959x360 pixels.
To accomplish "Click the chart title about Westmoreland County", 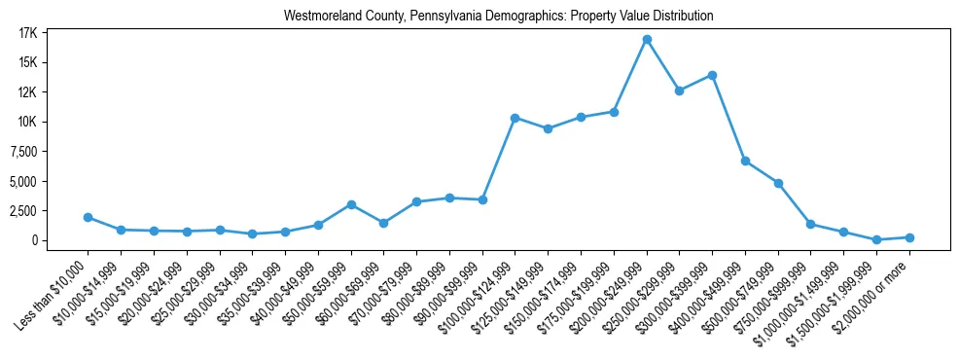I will (x=499, y=17).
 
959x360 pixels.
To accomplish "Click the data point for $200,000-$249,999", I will (x=647, y=39).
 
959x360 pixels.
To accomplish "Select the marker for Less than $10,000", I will (x=88, y=217).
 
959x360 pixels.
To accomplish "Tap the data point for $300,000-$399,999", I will (x=713, y=75).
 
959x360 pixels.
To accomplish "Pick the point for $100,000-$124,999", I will (x=515, y=118).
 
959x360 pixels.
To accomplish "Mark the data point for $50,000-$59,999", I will (x=351, y=204).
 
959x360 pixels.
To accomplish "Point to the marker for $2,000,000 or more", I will (x=909, y=237).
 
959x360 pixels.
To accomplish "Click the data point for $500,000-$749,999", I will (x=778, y=183).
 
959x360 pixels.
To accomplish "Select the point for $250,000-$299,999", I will (x=680, y=91).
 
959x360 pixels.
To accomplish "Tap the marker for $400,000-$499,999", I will (x=745, y=161).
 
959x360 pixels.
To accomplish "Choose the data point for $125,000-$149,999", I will (x=549, y=128).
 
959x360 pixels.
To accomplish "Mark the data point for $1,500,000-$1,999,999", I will (x=876, y=239).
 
